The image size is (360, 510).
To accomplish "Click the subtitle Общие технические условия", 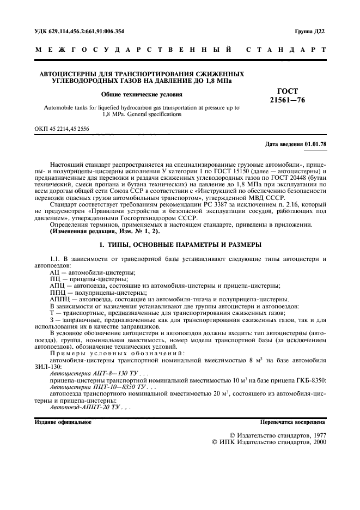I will pyautogui.click(x=141, y=94).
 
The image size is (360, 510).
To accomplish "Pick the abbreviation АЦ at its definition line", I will pyautogui.click(x=55, y=271).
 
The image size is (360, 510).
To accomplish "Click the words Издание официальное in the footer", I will pyautogui.click(x=63, y=422).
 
